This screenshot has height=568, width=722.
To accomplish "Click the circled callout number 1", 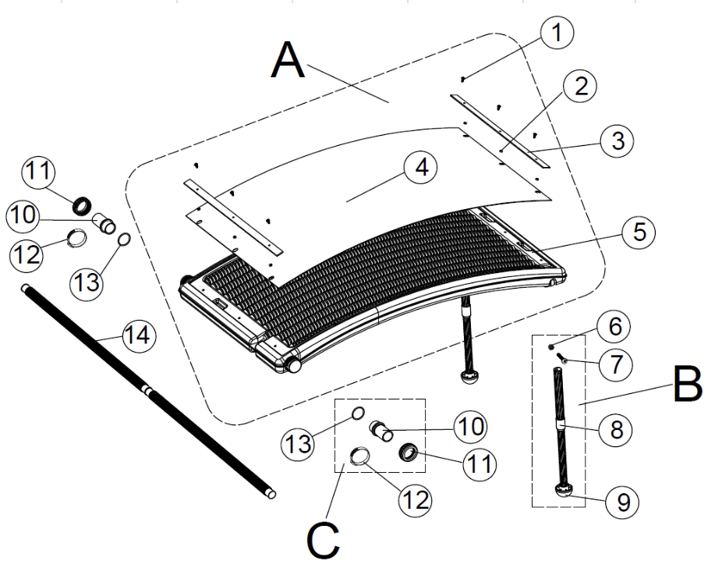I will coord(557,33).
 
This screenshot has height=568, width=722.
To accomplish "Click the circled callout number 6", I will coord(614,328).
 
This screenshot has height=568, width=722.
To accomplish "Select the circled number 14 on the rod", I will coord(139,337).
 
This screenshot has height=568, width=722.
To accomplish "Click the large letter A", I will coord(288,61).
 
